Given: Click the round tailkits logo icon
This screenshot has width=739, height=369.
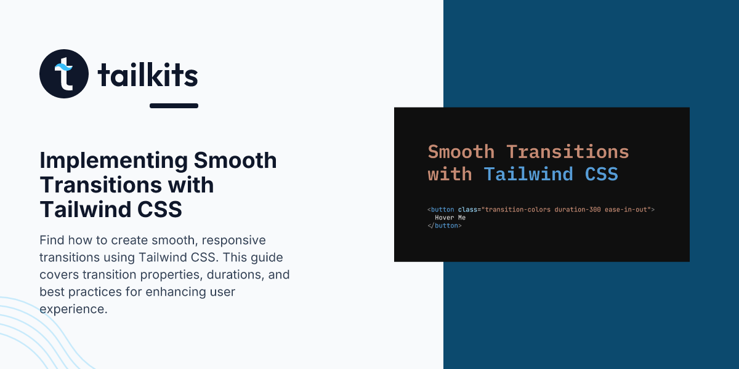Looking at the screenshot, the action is pyautogui.click(x=64, y=74).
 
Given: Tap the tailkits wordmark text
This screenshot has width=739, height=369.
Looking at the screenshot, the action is pyautogui.click(x=148, y=74).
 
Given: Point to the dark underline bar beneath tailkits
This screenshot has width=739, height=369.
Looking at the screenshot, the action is pyautogui.click(x=174, y=106).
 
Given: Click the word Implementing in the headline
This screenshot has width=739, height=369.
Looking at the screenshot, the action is pyautogui.click(x=113, y=161).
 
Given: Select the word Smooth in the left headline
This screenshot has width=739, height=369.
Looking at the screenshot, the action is pyautogui.click(x=235, y=160).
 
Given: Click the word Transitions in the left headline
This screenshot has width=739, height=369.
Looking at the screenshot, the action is pyautogui.click(x=101, y=184).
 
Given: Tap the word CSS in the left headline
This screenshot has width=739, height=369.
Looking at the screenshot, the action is pyautogui.click(x=160, y=209).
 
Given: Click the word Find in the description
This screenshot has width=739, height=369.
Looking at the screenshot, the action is pyautogui.click(x=52, y=240).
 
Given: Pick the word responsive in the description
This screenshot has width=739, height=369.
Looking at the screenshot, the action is pyautogui.click(x=233, y=241).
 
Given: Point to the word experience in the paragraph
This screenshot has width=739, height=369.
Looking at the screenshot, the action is pyautogui.click(x=73, y=309).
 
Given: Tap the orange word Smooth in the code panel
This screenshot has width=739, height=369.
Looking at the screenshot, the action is pyautogui.click(x=461, y=152).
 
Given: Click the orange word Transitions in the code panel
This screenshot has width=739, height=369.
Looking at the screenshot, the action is pyautogui.click(x=567, y=152).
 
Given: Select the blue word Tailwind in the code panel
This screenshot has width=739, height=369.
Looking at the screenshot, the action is pyautogui.click(x=528, y=174).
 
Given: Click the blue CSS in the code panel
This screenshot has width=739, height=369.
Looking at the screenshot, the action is pyautogui.click(x=602, y=174).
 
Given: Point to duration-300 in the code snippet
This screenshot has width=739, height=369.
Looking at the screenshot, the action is pyautogui.click(x=578, y=210).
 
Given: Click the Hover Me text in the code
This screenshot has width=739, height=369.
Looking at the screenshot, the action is pyautogui.click(x=450, y=218).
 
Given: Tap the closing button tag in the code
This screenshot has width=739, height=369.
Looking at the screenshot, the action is pyautogui.click(x=445, y=226).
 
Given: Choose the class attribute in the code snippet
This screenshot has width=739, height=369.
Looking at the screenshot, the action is pyautogui.click(x=467, y=210).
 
